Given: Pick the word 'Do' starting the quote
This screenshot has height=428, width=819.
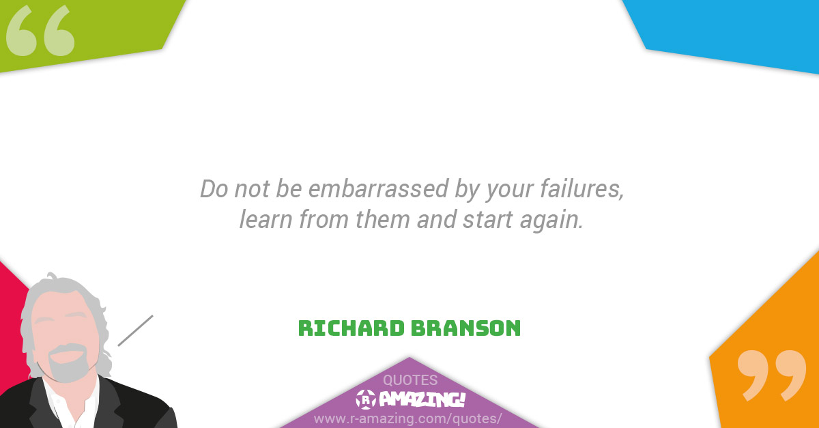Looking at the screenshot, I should click(213, 189).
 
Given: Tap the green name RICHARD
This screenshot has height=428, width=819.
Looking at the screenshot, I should click(351, 328).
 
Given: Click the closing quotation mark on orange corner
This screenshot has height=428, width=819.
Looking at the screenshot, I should click(771, 375).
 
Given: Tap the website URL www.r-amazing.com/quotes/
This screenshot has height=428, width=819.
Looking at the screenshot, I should click(408, 418).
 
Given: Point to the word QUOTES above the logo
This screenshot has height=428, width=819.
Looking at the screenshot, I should click(409, 380).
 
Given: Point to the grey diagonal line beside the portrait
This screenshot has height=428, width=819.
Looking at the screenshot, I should click(135, 330).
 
